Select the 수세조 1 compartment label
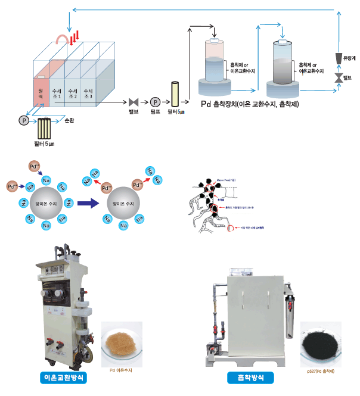(x=56, y=92)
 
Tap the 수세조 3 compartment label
(x=88, y=92)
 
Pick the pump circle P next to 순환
(x=24, y=120)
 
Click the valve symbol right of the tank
(x=133, y=101)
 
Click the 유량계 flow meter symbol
(x=339, y=58)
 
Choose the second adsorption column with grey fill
(x=283, y=63)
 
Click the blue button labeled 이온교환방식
(x=64, y=378)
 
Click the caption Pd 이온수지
(x=121, y=370)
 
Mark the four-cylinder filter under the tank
(x=44, y=128)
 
